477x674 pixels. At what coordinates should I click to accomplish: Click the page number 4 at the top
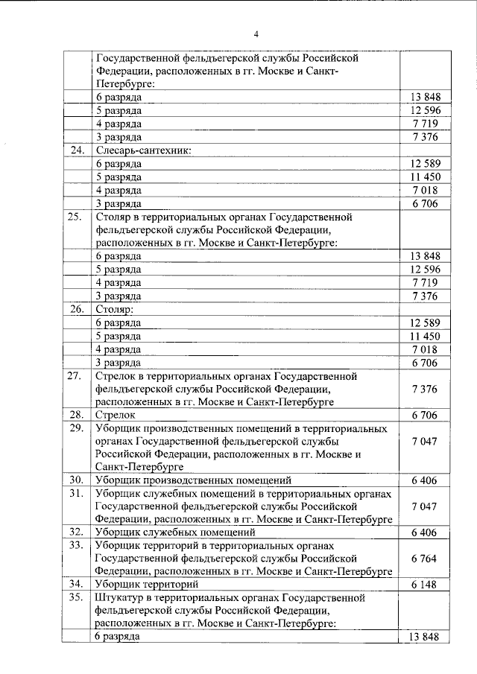point(256,34)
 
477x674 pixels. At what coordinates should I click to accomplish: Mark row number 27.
point(75,375)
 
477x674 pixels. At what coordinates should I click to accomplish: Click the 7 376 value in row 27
point(425,389)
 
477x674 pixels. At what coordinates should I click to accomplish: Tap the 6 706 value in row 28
point(425,415)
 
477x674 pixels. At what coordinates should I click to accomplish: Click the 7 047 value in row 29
point(425,441)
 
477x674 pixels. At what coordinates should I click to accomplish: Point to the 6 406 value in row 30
point(425,480)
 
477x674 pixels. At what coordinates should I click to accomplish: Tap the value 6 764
point(425,559)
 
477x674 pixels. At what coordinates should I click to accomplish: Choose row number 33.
point(75,546)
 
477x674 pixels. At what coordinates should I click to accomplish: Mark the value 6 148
point(425,585)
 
